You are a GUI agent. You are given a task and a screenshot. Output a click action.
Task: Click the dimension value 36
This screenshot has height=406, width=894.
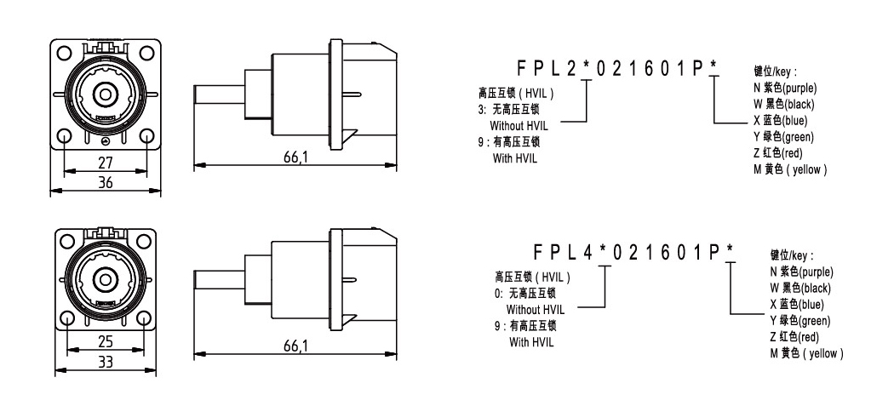(x=106, y=181)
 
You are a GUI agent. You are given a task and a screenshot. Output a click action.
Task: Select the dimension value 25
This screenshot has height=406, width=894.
(x=106, y=342)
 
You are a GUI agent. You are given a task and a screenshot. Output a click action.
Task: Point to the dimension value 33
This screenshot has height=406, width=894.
(x=106, y=361)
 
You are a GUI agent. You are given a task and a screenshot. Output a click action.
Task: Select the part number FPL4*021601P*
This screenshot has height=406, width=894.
(x=634, y=252)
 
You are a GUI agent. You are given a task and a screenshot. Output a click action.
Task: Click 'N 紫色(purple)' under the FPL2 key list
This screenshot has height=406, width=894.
(x=783, y=89)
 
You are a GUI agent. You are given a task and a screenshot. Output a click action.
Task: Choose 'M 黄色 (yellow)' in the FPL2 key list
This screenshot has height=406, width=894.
(x=790, y=169)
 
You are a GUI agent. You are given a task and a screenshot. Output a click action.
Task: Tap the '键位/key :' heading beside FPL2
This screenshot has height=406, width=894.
(x=775, y=73)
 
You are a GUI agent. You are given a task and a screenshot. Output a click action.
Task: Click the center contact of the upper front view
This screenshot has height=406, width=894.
(x=106, y=94)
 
